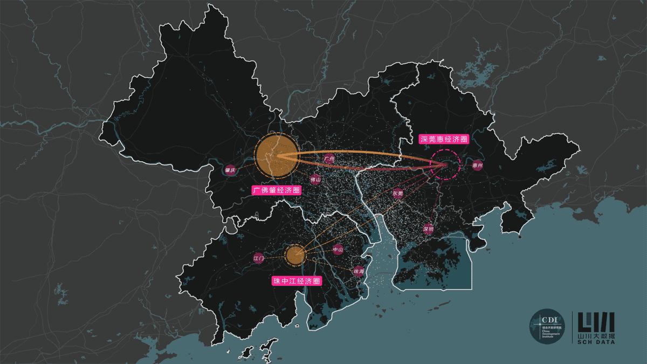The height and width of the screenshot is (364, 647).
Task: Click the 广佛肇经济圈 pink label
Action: pos(277,190)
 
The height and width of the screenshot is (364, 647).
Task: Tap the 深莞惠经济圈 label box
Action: pos(444,139)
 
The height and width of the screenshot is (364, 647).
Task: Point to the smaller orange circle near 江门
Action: pos(294,255)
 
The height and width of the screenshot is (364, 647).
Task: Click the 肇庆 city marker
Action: pos(230,171)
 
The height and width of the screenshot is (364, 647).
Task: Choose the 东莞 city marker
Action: pos(398,193)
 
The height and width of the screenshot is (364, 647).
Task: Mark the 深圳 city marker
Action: pos(429,228)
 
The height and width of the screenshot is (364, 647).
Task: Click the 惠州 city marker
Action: pos(477,166)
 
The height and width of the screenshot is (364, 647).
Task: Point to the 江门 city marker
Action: pos(259,258)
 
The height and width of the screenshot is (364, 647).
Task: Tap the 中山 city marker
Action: pos(338,249)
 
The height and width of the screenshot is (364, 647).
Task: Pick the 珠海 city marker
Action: pos(359,271)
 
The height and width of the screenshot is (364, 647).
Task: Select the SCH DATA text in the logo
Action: pos(596,342)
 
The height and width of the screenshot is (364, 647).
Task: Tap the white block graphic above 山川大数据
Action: pos(596,322)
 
